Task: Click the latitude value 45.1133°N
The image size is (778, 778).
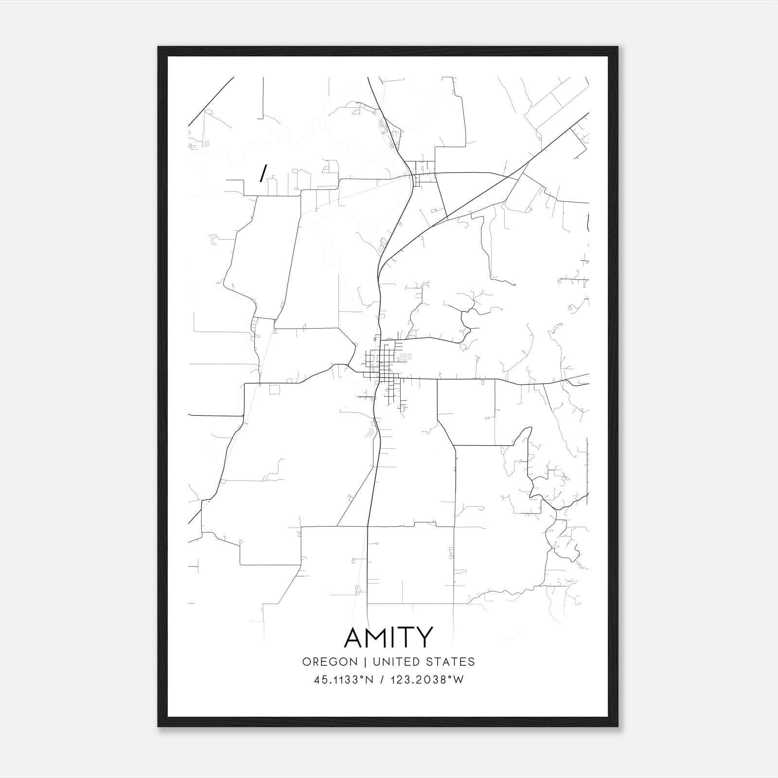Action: click(344, 680)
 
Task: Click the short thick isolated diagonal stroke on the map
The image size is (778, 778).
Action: click(263, 173)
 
